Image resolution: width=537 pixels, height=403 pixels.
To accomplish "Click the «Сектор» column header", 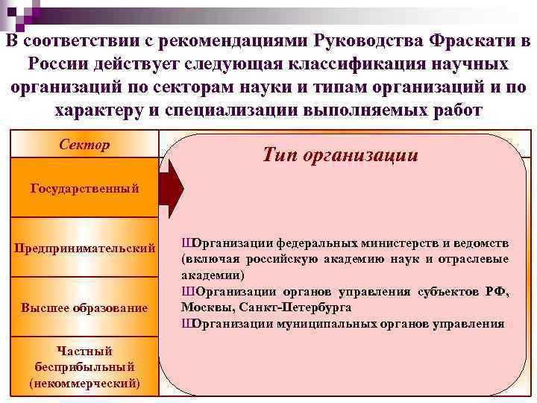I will click(84, 144).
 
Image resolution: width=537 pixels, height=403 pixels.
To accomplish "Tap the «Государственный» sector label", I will click(84, 188).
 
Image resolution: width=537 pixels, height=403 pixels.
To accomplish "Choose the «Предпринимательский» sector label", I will click(84, 247).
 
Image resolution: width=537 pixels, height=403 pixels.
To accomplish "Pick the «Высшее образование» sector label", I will click(84, 307).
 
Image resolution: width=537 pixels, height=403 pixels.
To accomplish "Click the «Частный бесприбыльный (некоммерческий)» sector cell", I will click(84, 366).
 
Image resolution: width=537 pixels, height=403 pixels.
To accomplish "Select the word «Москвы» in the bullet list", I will click(204, 307).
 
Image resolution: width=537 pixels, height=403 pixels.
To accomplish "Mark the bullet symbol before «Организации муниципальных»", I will click(186, 323).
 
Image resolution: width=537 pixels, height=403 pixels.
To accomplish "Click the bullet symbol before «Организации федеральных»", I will click(186, 243).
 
